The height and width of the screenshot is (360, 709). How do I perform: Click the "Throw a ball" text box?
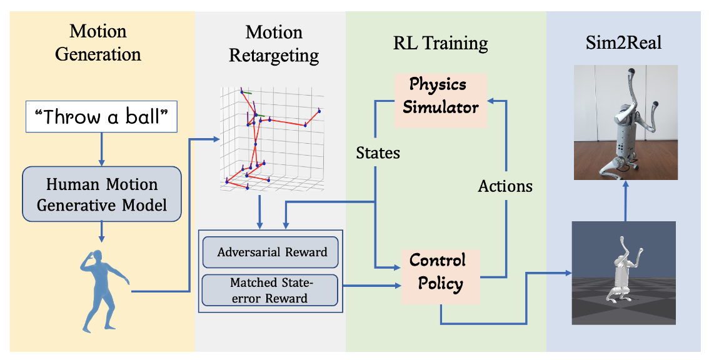(101, 117)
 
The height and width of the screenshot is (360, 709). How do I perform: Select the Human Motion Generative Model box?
(101, 194)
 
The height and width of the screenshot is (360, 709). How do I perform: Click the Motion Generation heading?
(98, 42)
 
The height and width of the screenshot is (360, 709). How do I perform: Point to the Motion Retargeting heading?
(273, 44)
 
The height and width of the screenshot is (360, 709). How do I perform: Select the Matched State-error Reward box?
(269, 291)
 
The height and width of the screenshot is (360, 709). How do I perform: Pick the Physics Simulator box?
(440, 96)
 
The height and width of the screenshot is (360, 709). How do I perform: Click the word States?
(378, 152)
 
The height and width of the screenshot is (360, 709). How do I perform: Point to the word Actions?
(505, 186)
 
